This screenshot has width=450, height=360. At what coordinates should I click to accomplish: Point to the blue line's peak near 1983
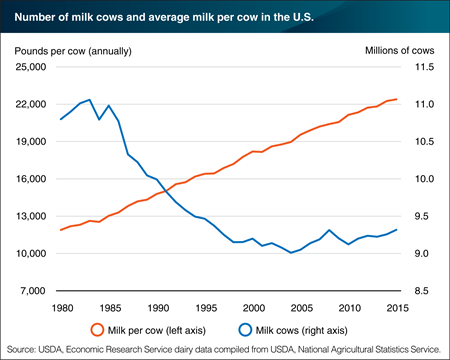click(x=90, y=100)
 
